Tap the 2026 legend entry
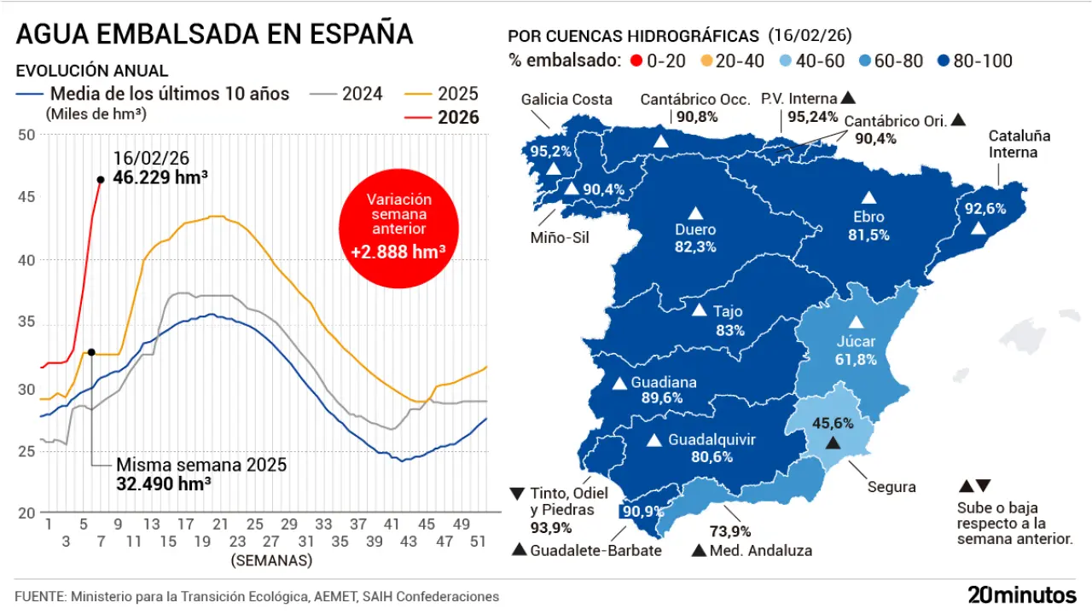coord(457,118)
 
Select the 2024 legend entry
coord(362,94)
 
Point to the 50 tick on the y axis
coord(26,135)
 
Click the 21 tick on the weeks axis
coord(219,524)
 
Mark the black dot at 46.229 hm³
coord(101,179)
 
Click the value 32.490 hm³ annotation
coord(164,483)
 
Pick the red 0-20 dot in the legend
coord(635,61)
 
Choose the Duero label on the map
coord(695,229)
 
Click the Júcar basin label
coord(857,342)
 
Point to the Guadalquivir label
coord(712,440)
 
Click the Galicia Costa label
coord(566,100)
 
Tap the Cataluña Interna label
coord(1019,144)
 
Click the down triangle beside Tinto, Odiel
coord(517,494)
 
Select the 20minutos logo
coord(1021,594)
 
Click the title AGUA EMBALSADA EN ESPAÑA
coord(215,34)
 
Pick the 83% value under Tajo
coord(730,330)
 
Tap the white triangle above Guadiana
coord(619,383)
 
